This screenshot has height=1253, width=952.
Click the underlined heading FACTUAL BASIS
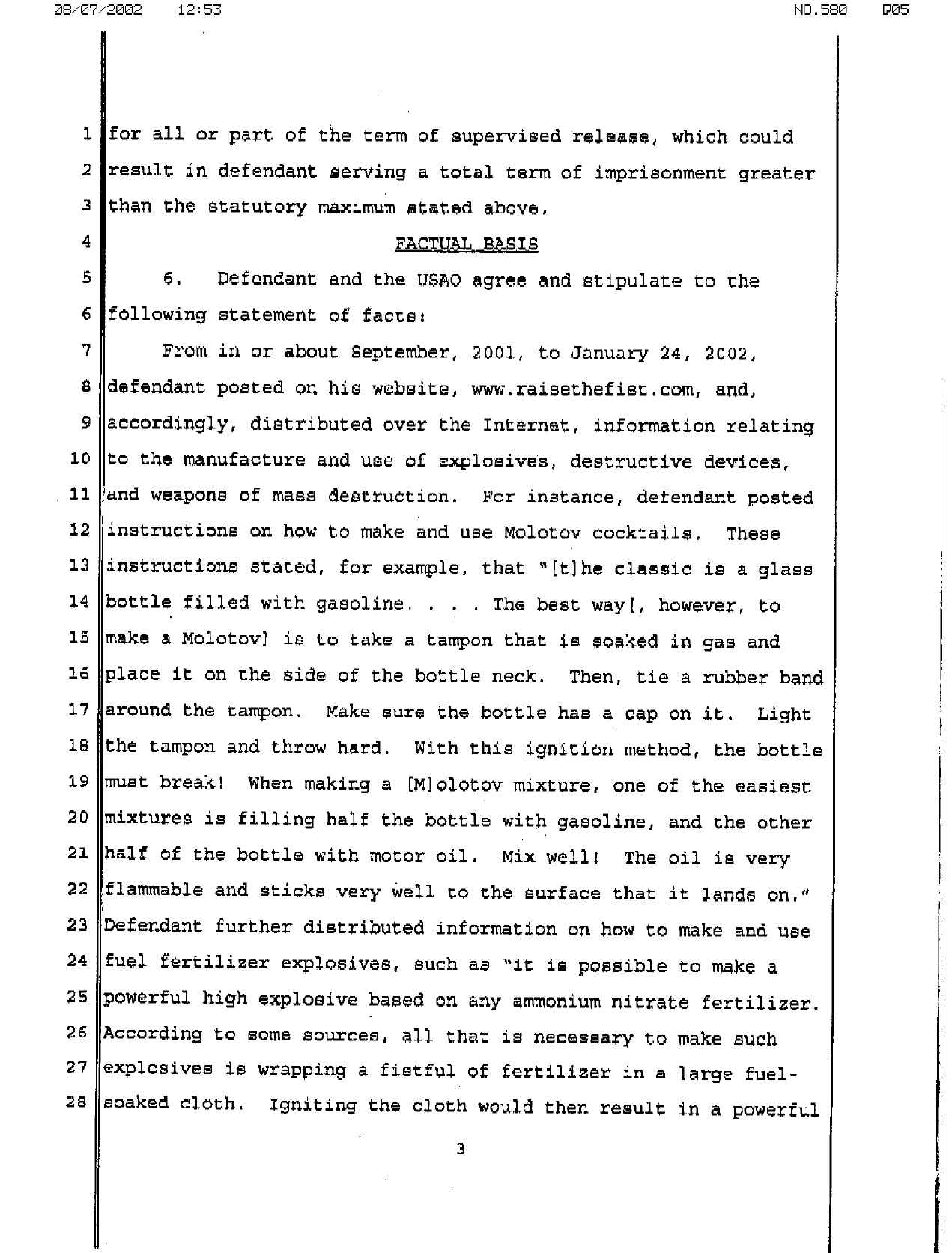pyautogui.click(x=466, y=244)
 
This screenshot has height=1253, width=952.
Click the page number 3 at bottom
pyautogui.click(x=460, y=1149)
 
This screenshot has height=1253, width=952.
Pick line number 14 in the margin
pyautogui.click(x=79, y=602)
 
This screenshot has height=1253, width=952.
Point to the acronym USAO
pyautogui.click(x=439, y=281)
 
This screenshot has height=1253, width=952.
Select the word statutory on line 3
pyautogui.click(x=257, y=207)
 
